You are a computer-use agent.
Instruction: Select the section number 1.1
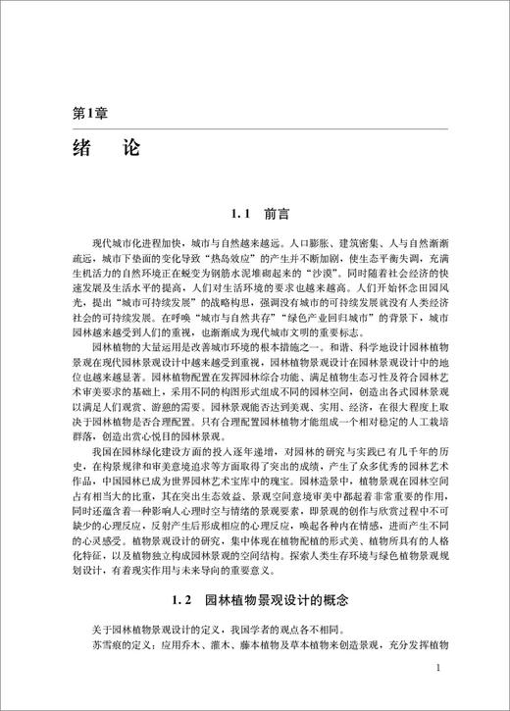tap(241, 213)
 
